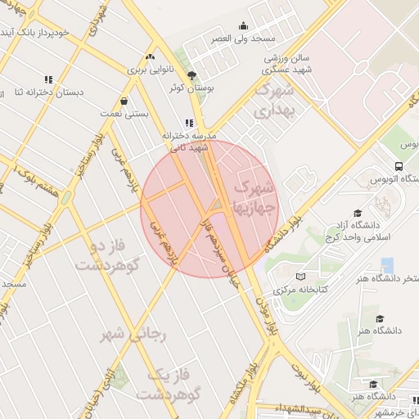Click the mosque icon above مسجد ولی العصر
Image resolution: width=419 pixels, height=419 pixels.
pyautogui.click(x=242, y=25)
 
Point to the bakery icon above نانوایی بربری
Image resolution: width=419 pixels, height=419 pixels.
pyautogui.click(x=149, y=57)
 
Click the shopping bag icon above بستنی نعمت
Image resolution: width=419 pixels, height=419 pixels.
pyautogui.click(x=123, y=101)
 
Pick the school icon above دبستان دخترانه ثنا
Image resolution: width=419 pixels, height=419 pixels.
pyautogui.click(x=48, y=79)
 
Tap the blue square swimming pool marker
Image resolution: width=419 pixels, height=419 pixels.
pyautogui.click(x=387, y=264)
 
